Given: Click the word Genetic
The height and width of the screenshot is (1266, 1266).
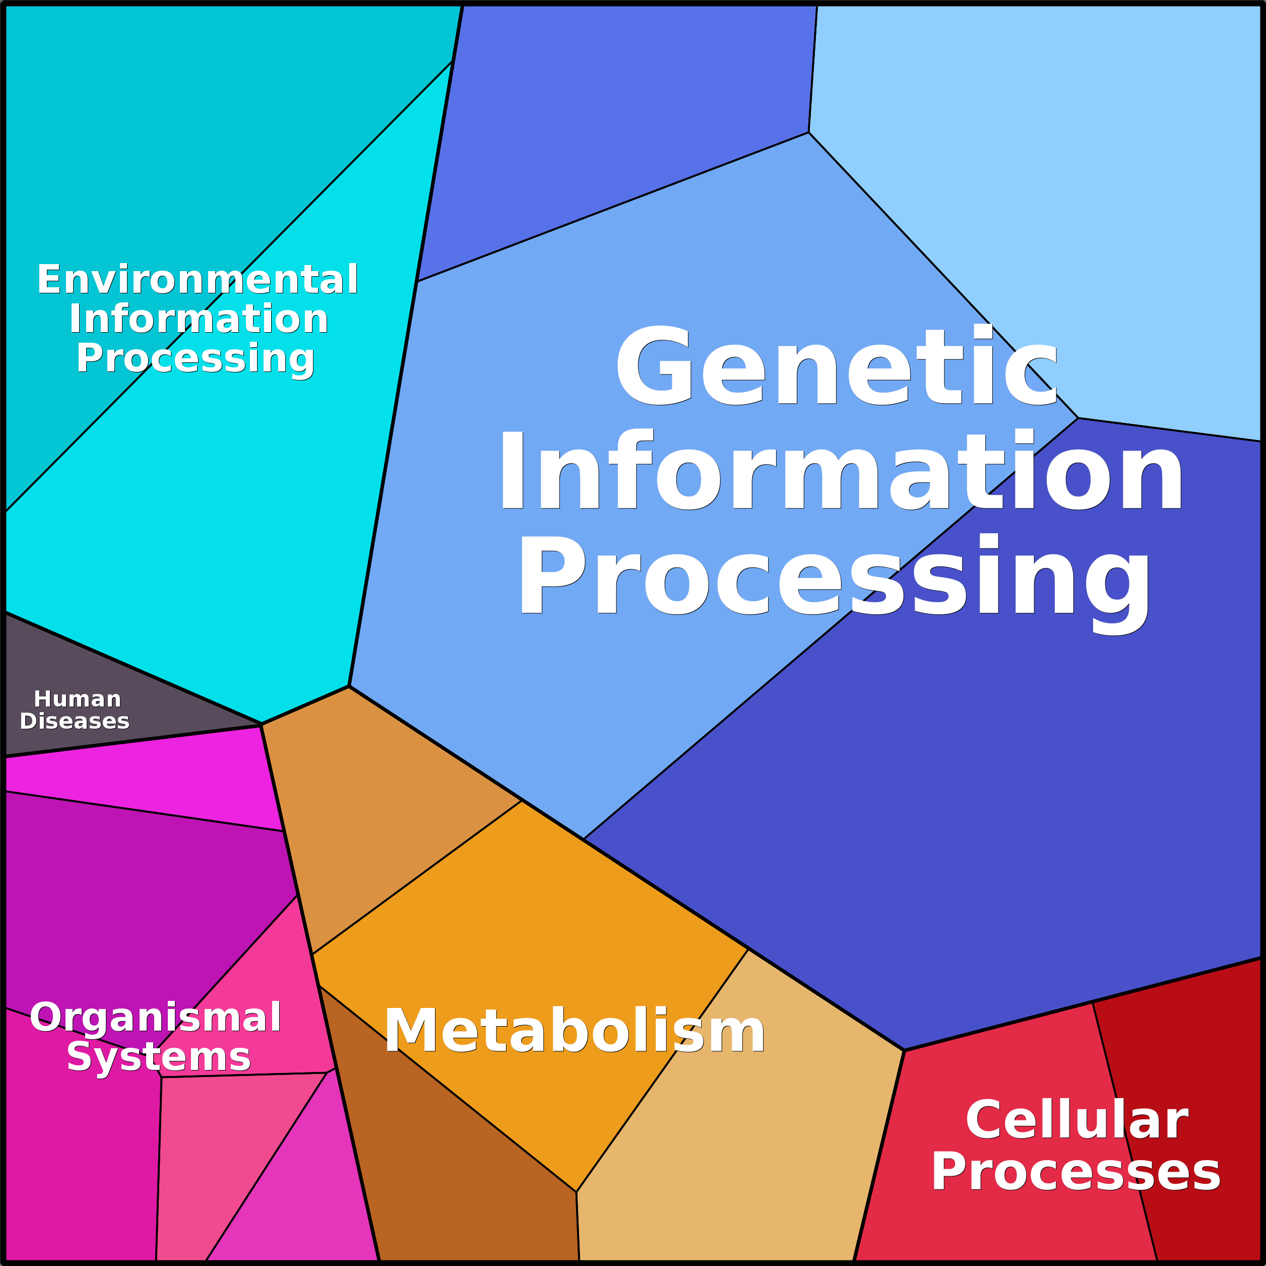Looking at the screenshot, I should click(836, 367).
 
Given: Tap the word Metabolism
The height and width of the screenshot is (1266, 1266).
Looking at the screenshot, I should click(575, 1032).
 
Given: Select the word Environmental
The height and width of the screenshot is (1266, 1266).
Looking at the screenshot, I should click(197, 280).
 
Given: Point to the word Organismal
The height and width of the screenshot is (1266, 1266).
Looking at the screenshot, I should click(156, 1018).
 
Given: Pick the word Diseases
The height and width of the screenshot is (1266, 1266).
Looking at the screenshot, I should click(75, 722).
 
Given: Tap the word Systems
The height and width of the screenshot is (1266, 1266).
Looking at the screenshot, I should click(159, 1057).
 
